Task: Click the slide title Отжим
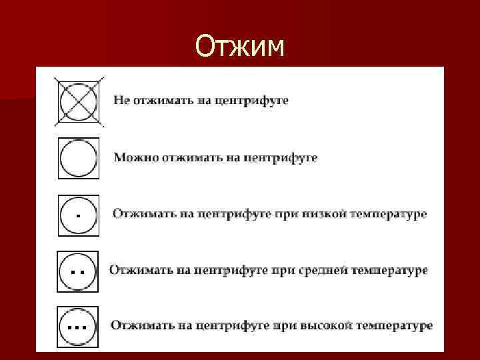[x=240, y=47]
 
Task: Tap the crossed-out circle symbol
[x=79, y=101]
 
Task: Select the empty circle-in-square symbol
[x=79, y=158]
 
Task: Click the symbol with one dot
[x=79, y=215]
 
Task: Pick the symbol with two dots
[x=79, y=271]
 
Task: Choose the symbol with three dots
[x=79, y=326]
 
